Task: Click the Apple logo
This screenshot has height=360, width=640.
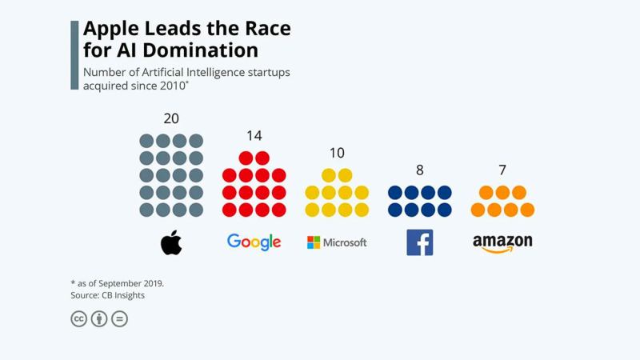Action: point(171,242)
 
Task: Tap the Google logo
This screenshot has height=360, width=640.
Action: point(254,242)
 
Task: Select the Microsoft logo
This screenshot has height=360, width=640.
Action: point(337,242)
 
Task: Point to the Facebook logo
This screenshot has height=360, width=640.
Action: point(419,242)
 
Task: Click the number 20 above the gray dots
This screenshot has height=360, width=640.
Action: point(171,118)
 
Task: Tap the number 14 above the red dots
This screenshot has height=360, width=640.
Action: point(254,136)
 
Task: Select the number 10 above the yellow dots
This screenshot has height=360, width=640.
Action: point(337,153)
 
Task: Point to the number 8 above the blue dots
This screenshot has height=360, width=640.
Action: point(419,170)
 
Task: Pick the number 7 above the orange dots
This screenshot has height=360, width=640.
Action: point(502,170)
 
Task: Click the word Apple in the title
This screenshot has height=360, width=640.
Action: point(110,30)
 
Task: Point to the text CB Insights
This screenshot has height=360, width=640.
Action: point(125,295)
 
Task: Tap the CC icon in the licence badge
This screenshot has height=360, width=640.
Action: point(78,318)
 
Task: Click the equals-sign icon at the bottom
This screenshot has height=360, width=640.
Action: point(119,318)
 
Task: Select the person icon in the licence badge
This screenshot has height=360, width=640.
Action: point(99,318)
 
